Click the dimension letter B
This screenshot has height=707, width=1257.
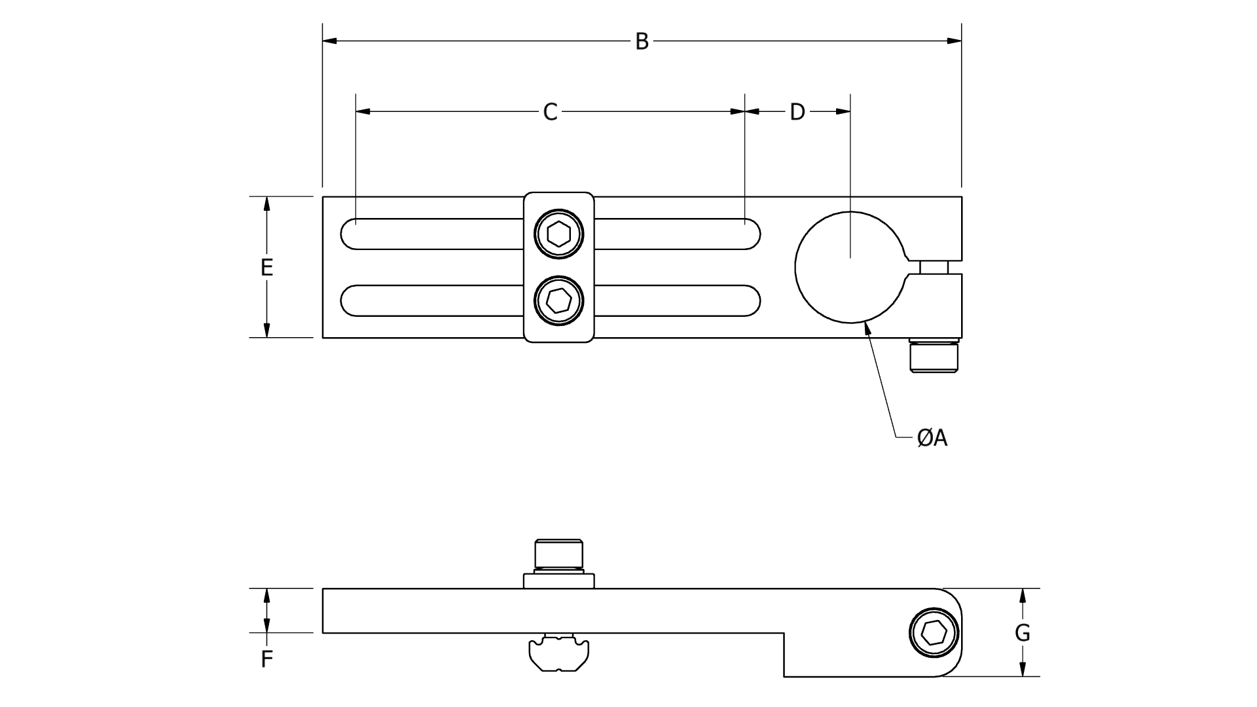pos(642,41)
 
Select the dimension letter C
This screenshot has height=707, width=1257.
pos(550,112)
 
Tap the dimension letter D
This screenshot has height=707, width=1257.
pos(797,112)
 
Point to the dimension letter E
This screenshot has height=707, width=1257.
pos(266,267)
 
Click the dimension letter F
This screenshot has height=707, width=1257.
pos(266,659)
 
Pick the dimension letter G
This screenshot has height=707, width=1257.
pos(1022,633)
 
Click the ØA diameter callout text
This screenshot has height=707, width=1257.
pos(932,438)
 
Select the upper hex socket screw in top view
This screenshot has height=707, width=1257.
pos(558,233)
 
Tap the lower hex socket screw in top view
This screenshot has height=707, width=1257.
pos(558,301)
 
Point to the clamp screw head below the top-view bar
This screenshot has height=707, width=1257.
pos(934,357)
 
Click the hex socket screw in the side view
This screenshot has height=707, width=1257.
pos(934,632)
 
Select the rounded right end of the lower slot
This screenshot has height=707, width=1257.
pos(752,301)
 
